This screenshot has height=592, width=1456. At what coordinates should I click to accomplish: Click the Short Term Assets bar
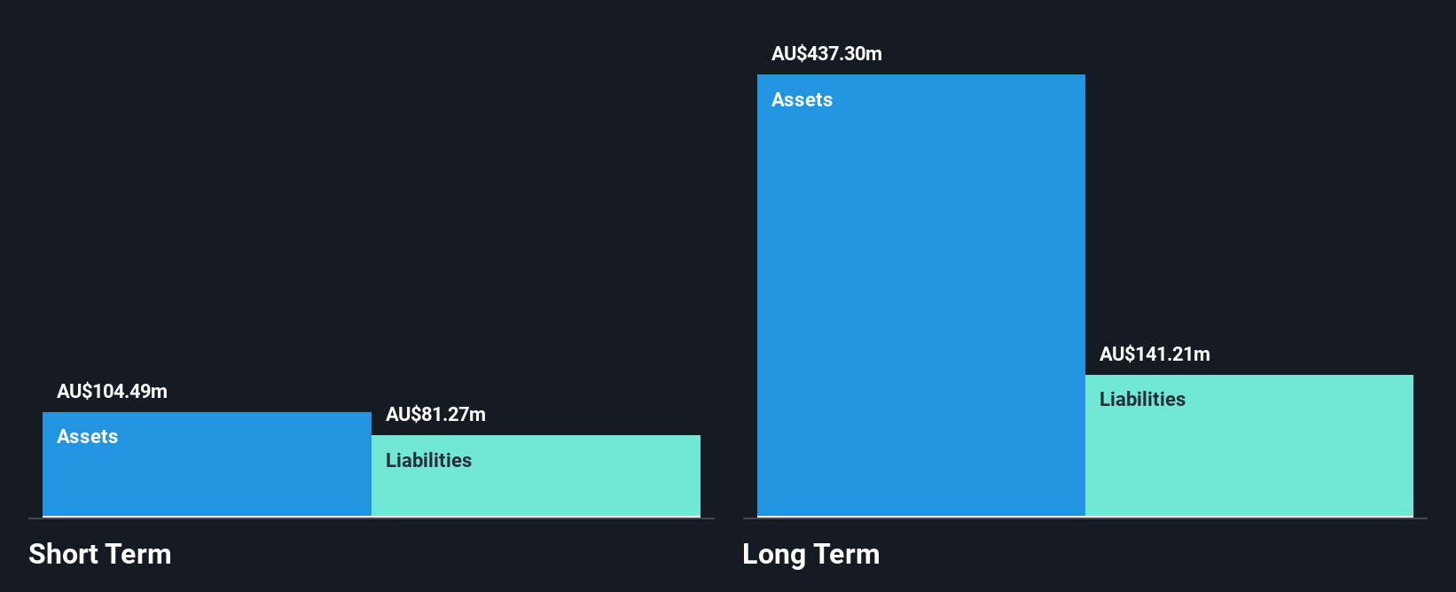207,464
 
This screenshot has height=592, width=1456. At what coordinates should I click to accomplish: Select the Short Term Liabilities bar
536,476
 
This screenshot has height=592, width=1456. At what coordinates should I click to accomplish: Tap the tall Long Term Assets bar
921,295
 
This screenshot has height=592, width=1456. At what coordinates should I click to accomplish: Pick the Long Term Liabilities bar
1249,445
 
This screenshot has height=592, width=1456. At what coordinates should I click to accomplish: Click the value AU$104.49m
112,391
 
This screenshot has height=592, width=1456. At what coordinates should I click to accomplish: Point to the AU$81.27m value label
435,415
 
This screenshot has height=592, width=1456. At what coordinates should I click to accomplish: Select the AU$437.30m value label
826,53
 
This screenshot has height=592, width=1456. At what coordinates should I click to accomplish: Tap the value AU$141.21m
1155,354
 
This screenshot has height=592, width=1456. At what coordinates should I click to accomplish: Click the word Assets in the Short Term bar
88,436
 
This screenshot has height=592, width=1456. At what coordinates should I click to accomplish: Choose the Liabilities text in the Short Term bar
429,460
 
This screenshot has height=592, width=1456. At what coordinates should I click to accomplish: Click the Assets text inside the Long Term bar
802,99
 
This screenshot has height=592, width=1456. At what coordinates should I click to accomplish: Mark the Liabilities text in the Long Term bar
1143,399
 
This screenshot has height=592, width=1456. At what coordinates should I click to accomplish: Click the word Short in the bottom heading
62,554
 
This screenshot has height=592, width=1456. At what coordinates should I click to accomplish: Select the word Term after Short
137,554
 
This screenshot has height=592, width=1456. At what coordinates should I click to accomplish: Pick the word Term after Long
846,554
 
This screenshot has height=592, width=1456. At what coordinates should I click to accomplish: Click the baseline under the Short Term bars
372,518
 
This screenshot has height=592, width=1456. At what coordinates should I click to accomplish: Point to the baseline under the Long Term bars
1085,518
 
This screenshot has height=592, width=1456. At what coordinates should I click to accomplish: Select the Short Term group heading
100,554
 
